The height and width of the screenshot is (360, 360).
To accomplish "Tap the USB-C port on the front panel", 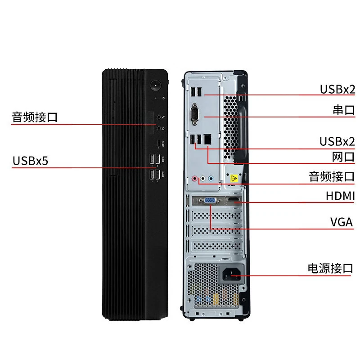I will click(x=158, y=143).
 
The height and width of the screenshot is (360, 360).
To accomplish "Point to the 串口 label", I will click(x=344, y=110).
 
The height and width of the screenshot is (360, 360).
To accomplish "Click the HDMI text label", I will click(x=340, y=196).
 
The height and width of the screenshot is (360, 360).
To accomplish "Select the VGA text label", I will click(x=341, y=222).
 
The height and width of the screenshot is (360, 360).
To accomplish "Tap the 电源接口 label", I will click(x=330, y=269).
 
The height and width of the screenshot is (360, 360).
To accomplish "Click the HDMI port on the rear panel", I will click(x=232, y=200).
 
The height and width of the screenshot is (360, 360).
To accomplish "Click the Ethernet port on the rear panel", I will click(x=207, y=140).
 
